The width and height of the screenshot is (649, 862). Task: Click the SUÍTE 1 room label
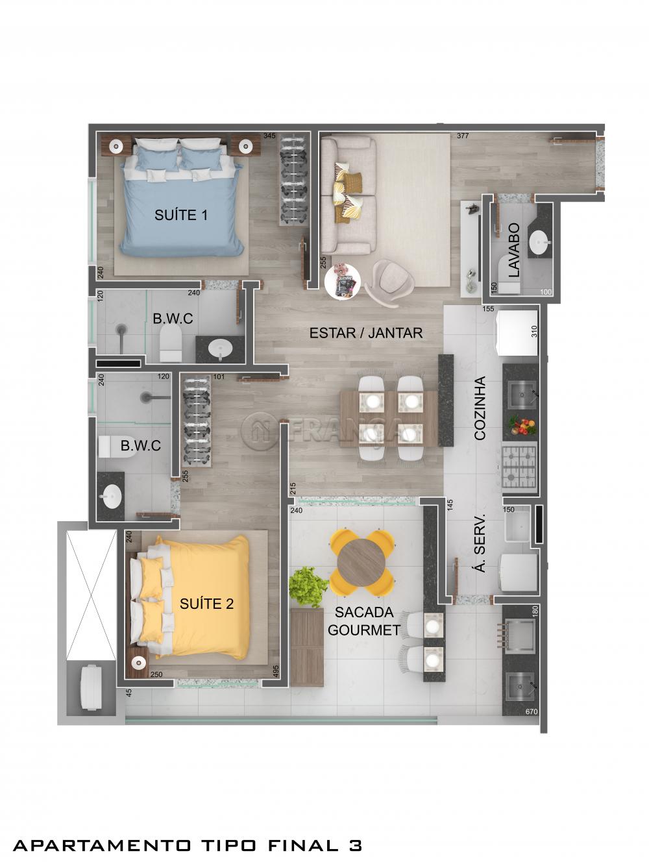click(180, 215)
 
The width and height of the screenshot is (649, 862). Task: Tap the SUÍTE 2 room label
click(206, 604)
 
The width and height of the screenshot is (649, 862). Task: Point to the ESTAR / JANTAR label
click(366, 333)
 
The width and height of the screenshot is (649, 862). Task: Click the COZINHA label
click(480, 408)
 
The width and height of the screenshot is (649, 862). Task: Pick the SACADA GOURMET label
click(364, 621)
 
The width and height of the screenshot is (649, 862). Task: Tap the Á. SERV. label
click(480, 552)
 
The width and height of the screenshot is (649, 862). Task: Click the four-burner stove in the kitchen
click(520, 465)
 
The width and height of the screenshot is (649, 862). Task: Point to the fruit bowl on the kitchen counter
click(522, 425)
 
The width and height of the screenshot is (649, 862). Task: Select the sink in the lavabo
click(539, 243)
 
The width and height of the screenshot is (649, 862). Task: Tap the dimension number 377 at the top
click(463, 136)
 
